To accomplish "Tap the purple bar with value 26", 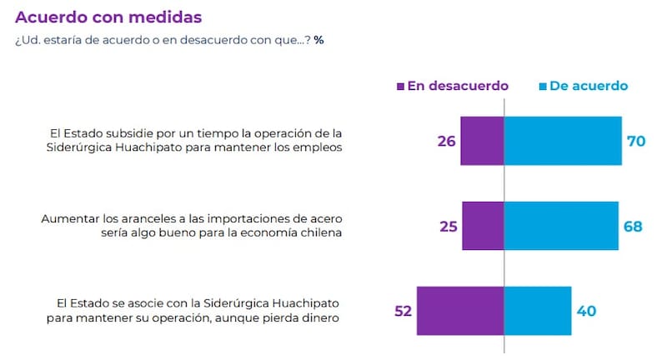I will coord(482,141).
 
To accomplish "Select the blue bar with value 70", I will coord(563,141).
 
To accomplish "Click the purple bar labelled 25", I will coord(483,226).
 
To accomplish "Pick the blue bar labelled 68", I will coord(561,226).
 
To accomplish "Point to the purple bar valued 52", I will coord(460,311).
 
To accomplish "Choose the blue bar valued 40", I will coord(538,311).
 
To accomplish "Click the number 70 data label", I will coord(636,141).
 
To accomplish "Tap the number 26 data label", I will coord(446,141).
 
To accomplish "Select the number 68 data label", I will coord(633,226).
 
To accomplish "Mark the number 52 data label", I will coord(403,311).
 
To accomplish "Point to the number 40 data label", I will coord(586,311).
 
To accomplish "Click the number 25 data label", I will coord(448,226).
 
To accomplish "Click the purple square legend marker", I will coord(400,87).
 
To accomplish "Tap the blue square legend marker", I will coord(541,87).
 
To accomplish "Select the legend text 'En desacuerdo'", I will coord(457,86).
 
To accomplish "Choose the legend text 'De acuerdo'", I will coord(589,86).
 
